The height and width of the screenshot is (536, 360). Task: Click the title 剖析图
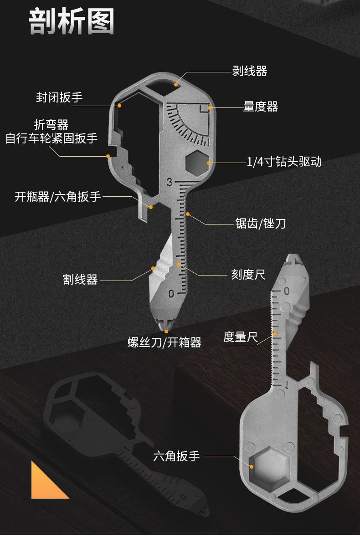(72, 21)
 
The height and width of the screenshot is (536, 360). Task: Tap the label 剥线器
(249, 71)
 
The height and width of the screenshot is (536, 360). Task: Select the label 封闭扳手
(59, 97)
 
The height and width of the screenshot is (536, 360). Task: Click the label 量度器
(260, 107)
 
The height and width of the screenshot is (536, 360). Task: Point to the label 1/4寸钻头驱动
(284, 162)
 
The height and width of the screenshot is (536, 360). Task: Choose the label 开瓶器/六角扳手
(57, 197)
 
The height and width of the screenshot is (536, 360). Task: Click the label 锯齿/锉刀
(260, 224)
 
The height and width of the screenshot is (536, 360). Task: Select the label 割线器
(80, 280)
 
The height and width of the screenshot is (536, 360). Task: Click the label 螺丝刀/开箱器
(165, 342)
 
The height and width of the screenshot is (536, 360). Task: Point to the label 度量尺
(240, 337)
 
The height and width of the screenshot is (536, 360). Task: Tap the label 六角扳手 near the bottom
(176, 456)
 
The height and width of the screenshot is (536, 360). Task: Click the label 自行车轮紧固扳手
(51, 138)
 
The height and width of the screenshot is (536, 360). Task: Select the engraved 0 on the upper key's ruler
(171, 294)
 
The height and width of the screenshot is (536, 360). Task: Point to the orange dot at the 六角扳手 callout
(251, 466)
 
